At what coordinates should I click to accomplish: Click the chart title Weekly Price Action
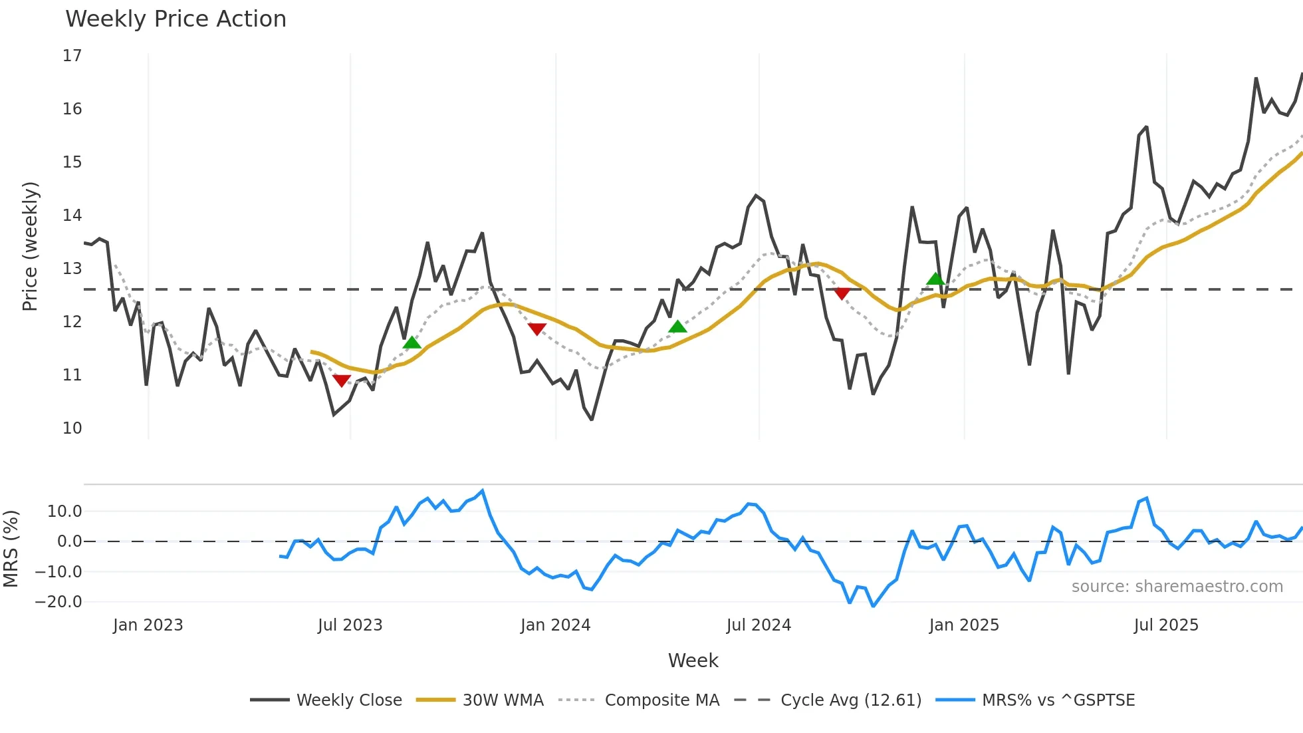click(176, 19)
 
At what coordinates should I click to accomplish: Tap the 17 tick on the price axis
click(72, 56)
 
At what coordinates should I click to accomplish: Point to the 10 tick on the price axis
click(72, 428)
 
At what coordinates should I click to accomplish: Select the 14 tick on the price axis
click(72, 216)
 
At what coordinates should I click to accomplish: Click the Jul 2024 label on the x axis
click(759, 625)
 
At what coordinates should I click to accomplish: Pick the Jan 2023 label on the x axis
click(148, 625)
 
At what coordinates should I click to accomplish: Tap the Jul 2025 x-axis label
click(1166, 625)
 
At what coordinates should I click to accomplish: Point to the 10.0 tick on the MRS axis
click(64, 512)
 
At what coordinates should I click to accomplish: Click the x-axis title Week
click(693, 660)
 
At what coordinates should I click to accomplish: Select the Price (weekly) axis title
click(30, 246)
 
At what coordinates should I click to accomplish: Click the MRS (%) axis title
click(11, 549)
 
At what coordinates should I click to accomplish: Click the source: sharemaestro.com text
click(1177, 587)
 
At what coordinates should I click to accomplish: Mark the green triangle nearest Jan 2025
click(935, 279)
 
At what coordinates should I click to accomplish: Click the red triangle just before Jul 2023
click(341, 380)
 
